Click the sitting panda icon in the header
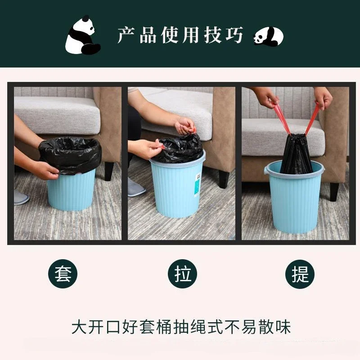pyautogui.click(x=82, y=35)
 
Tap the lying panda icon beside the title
pyautogui.click(x=268, y=36)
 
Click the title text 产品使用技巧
pyautogui.click(x=180, y=35)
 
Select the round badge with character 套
pyautogui.click(x=63, y=274)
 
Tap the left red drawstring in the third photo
pyautogui.click(x=281, y=118)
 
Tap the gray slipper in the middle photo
pyautogui.click(x=136, y=187)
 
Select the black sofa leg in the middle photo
pyautogui.click(x=224, y=178)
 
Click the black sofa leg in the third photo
pyautogui.click(x=334, y=191)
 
